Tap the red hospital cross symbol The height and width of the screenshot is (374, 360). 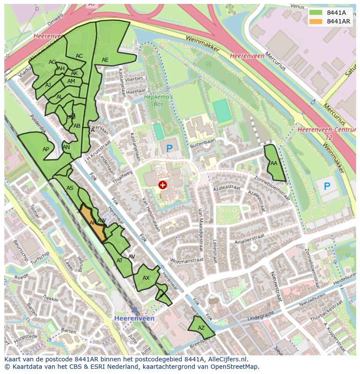(163, 185)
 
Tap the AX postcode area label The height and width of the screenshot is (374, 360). (146, 278)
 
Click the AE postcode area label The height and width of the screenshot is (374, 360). (105, 60)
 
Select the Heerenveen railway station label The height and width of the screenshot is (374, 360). (134, 318)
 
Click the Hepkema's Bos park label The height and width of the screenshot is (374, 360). (159, 101)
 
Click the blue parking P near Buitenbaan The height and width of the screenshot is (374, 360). (169, 149)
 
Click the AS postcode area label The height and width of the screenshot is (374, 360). (70, 188)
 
